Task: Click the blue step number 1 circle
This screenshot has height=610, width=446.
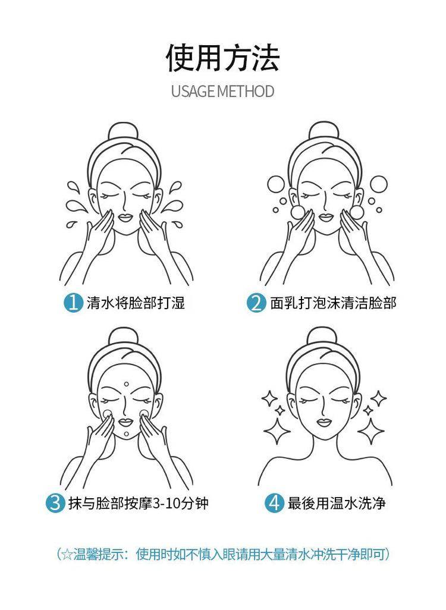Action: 73,302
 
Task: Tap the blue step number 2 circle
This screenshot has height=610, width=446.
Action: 255,302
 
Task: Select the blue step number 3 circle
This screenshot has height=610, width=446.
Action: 55,502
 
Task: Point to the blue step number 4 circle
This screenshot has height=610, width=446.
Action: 274,502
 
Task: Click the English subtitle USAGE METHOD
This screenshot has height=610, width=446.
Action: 222,92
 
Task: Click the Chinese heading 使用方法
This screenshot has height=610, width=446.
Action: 222,58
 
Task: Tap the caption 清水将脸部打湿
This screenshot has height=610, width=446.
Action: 136,302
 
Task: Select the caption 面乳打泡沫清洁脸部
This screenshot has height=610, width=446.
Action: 333,302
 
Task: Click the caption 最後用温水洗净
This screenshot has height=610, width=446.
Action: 337,502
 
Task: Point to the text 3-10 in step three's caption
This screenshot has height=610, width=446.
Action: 165,503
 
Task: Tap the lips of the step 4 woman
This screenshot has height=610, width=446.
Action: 324,422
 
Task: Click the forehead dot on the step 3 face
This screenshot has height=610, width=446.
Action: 126,384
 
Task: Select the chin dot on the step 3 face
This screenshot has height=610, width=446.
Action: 126,434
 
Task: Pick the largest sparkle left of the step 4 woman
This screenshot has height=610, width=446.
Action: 277,431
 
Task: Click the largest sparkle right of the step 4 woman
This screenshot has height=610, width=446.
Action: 371,431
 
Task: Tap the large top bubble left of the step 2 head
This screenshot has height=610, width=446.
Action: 276,184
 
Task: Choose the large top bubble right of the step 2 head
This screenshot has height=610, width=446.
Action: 378,184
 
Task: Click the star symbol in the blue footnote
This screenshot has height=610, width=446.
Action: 67,554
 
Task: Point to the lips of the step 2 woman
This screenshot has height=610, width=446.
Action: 326,217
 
